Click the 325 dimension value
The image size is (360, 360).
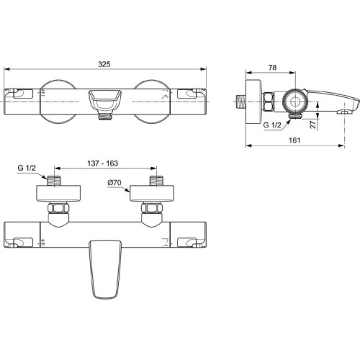pyautogui.click(x=104, y=64)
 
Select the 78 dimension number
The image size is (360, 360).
pyautogui.click(x=272, y=68)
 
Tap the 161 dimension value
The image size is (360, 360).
pyautogui.click(x=294, y=140)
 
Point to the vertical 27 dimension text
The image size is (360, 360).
pyautogui.click(x=313, y=125)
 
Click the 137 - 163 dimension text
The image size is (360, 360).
pyautogui.click(x=102, y=163)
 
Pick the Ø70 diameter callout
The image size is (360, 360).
pyautogui.click(x=114, y=183)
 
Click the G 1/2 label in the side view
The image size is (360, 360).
pyautogui.click(x=272, y=125)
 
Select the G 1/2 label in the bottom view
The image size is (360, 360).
pyautogui.click(x=27, y=168)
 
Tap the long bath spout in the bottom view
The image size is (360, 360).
pyautogui.click(x=105, y=269)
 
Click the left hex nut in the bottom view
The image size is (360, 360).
pyautogui.click(x=58, y=207)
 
